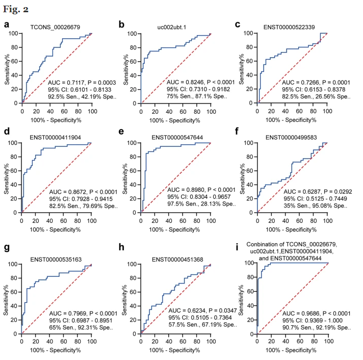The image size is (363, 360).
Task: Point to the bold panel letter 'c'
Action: tap(238, 24)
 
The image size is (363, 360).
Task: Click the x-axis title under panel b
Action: tap(175, 120)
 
